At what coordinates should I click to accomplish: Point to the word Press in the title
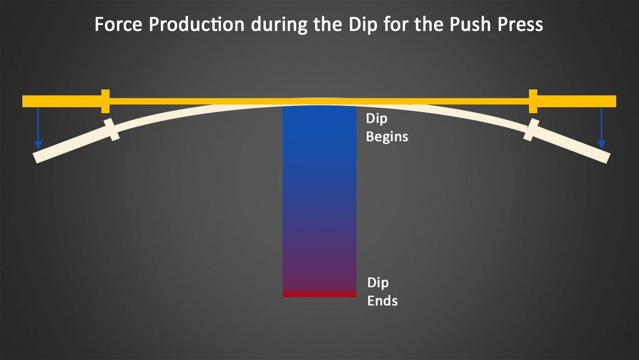[x=520, y=25]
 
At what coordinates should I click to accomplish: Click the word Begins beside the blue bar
[x=387, y=136]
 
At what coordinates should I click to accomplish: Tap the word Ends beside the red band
[x=382, y=301]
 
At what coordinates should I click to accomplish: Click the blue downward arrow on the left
[x=38, y=128]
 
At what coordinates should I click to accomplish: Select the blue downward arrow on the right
[x=602, y=128]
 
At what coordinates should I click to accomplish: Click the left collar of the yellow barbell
[x=105, y=101]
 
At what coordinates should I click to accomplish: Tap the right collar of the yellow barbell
[x=533, y=101]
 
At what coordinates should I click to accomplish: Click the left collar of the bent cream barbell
[x=112, y=130]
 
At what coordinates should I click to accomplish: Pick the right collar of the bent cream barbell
[x=531, y=130]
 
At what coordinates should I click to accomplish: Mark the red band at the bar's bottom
[x=319, y=294]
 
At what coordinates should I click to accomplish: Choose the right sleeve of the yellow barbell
[x=577, y=101]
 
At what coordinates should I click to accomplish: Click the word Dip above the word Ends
[x=377, y=282]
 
